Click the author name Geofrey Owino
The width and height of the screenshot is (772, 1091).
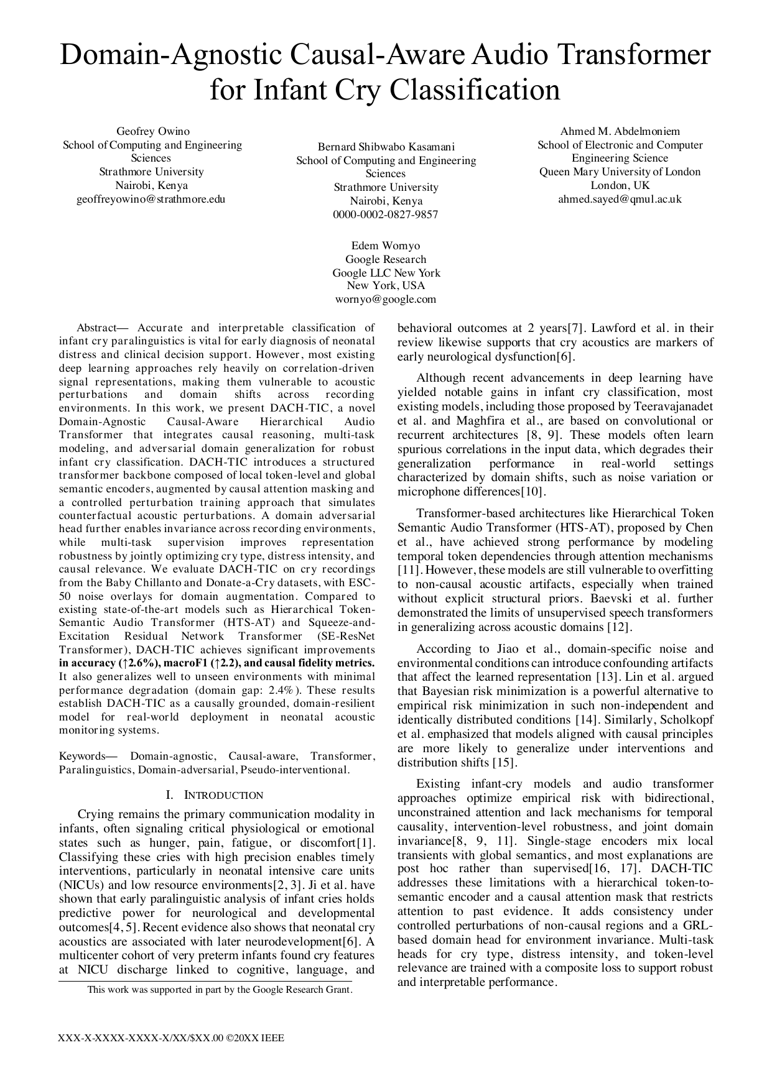coord(153,131)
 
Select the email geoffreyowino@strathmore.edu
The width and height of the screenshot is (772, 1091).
coord(151,199)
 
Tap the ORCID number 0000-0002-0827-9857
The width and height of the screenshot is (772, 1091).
coord(386,214)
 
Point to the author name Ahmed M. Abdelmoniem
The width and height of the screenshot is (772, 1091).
coord(620,131)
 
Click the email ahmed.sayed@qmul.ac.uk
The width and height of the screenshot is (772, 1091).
coord(620,199)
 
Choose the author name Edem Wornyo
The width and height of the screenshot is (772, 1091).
coord(386,246)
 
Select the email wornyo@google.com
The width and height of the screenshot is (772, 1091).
coord(386,299)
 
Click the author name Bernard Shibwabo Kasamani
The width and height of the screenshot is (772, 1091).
coord(386,147)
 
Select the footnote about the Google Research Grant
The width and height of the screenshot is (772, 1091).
coord(220,989)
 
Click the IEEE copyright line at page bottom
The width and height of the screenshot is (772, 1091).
coord(171,1038)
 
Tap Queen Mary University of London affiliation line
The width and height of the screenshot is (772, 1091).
coord(620,172)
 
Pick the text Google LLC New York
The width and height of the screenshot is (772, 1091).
coord(386,273)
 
